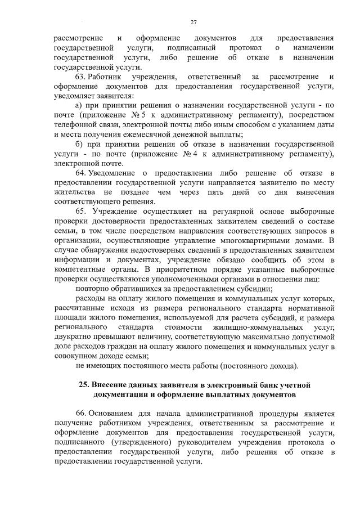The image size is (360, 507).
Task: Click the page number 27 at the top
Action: coord(193,22)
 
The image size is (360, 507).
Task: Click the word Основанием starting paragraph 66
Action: coord(112,414)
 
